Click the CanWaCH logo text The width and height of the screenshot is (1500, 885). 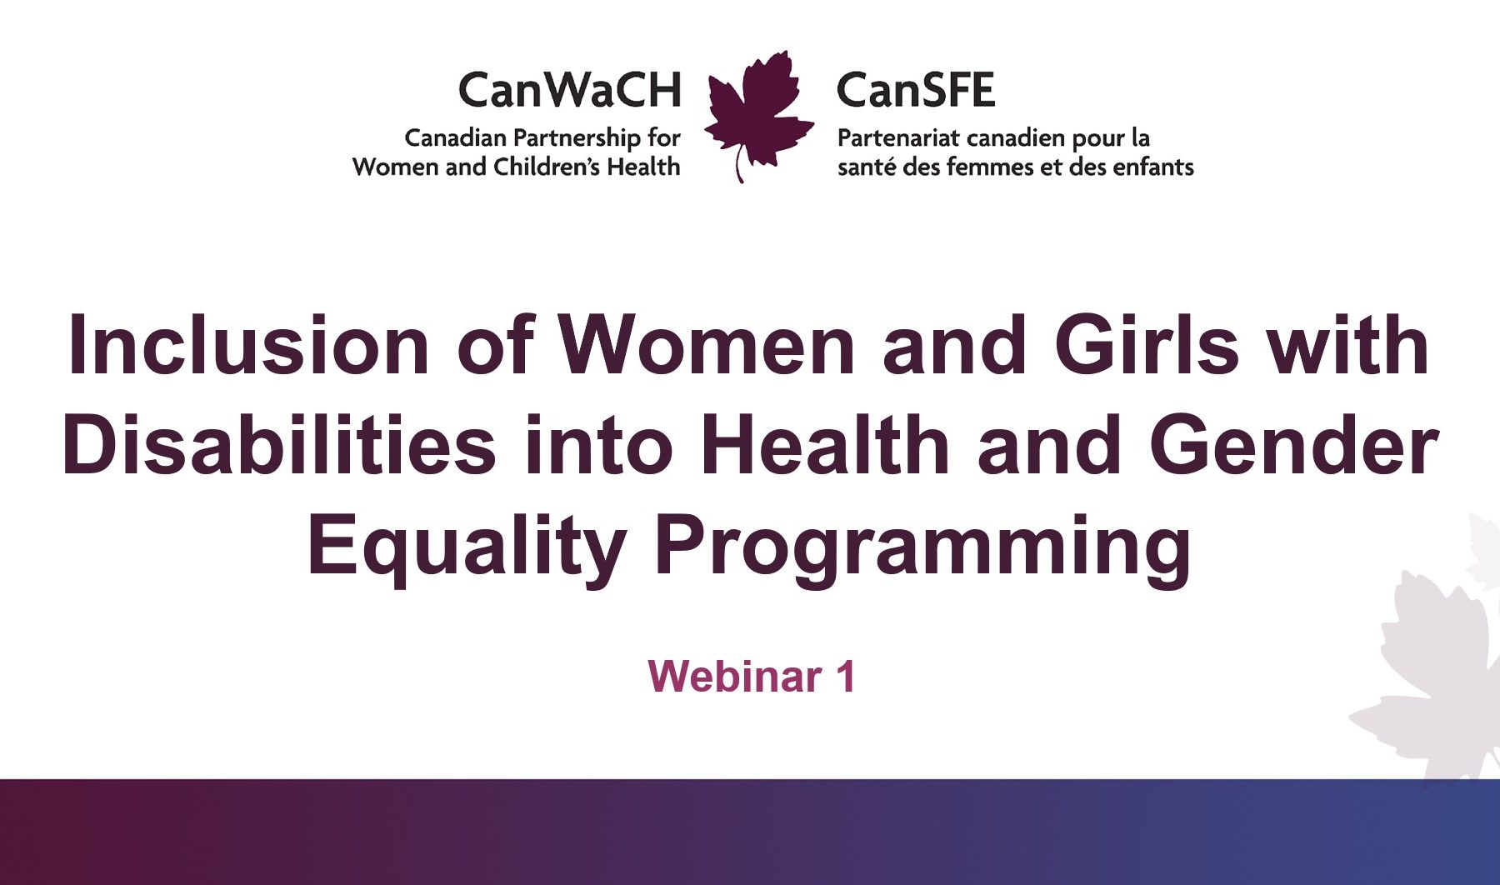[x=570, y=90]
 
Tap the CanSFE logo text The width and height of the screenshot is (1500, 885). [x=916, y=90]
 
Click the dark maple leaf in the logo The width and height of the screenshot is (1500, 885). [x=758, y=112]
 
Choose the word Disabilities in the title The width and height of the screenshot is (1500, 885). [x=279, y=445]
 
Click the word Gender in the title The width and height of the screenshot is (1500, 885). [x=1294, y=445]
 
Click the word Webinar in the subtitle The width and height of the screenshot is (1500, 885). [x=735, y=676]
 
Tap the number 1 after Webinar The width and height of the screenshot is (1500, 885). [x=846, y=676]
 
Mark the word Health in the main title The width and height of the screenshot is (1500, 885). [x=825, y=445]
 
